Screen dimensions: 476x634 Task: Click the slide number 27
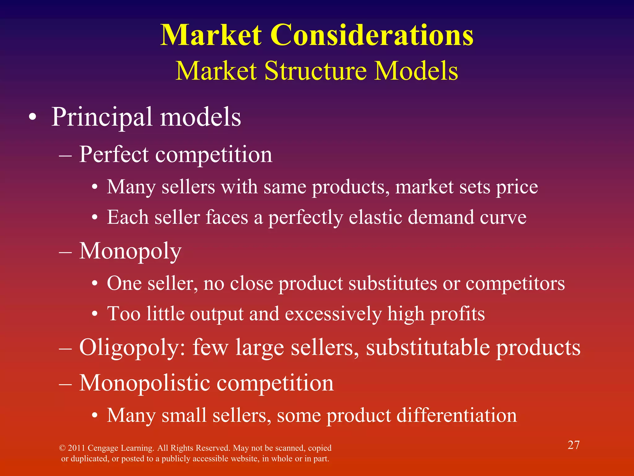tap(573, 445)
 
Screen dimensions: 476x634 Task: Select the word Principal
tap(102, 117)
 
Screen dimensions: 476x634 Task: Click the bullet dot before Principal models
tap(33, 118)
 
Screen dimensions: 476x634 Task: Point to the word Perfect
tap(114, 154)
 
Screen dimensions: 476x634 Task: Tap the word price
tap(517, 187)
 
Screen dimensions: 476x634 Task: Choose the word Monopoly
tap(130, 251)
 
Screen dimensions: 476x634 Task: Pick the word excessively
tap(333, 314)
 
